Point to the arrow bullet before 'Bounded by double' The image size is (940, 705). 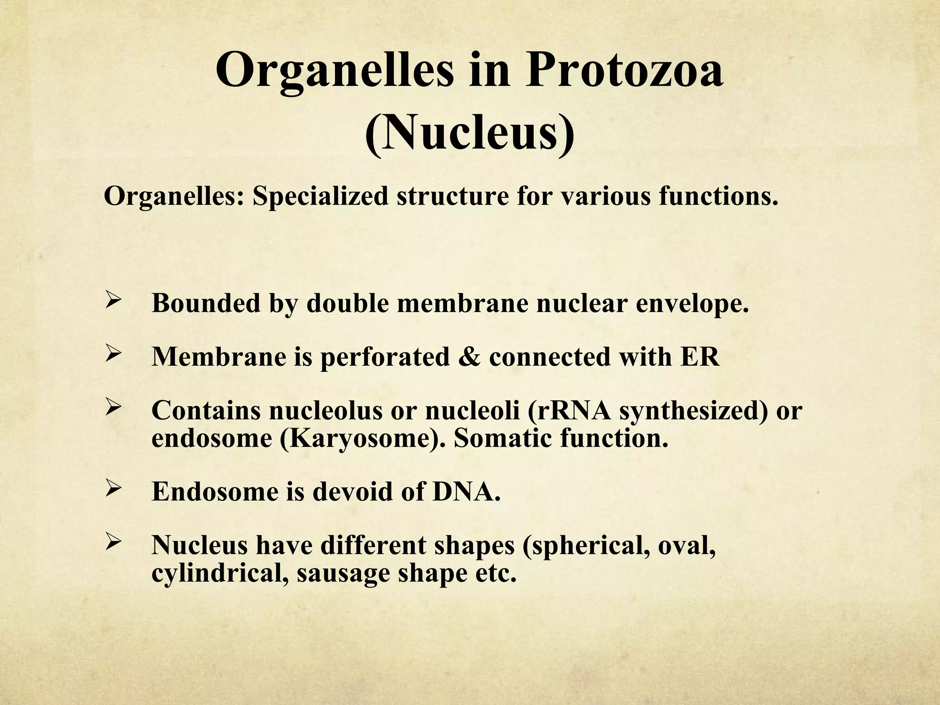pyautogui.click(x=113, y=302)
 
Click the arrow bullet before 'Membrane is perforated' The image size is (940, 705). pyautogui.click(x=113, y=356)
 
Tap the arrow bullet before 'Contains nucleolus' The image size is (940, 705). pyautogui.click(x=113, y=409)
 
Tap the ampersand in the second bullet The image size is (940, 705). pyautogui.click(x=469, y=357)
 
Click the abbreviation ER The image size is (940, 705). pyautogui.click(x=700, y=357)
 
